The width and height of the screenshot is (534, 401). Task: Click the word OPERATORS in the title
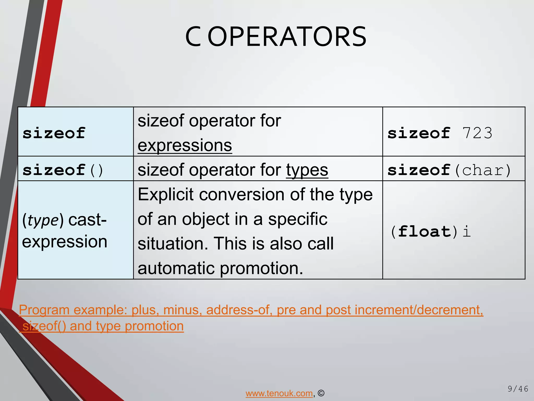coord(287,37)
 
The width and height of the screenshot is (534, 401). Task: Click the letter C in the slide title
coord(193,37)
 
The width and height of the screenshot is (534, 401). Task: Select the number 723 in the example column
coord(477,133)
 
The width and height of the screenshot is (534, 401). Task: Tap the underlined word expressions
coord(185,145)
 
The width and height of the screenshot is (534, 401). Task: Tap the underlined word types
coord(307,170)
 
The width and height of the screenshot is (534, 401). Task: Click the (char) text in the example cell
coord(483,170)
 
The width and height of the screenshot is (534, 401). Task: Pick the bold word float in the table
coord(424,232)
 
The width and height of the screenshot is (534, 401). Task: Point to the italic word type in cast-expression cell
coord(43,220)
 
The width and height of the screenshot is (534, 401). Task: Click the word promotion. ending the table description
coord(262,268)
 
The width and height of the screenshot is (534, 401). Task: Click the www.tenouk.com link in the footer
coord(279,393)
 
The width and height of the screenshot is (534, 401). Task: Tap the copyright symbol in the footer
coord(321,393)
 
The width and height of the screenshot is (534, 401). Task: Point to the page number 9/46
coord(518,389)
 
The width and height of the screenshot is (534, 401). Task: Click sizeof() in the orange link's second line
coord(44,326)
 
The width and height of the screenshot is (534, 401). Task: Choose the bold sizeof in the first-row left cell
coord(54,133)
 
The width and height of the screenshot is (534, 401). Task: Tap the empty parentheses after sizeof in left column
coord(96,170)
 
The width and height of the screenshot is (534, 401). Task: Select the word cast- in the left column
coord(87,220)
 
